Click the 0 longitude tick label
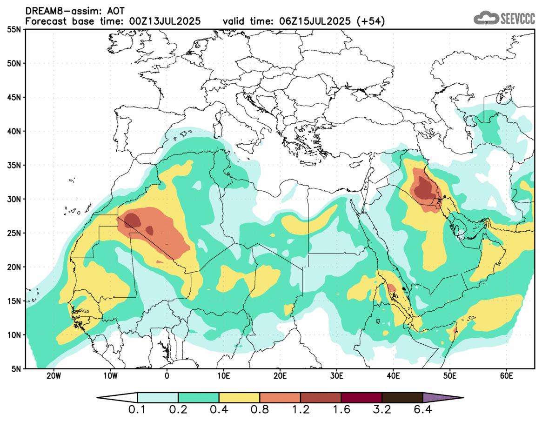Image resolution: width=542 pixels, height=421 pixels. click(x=167, y=375)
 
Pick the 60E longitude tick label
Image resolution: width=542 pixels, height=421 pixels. click(x=506, y=375)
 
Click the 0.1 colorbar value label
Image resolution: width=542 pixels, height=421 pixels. click(x=138, y=410)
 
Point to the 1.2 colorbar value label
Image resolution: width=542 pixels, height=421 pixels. click(x=301, y=410)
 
